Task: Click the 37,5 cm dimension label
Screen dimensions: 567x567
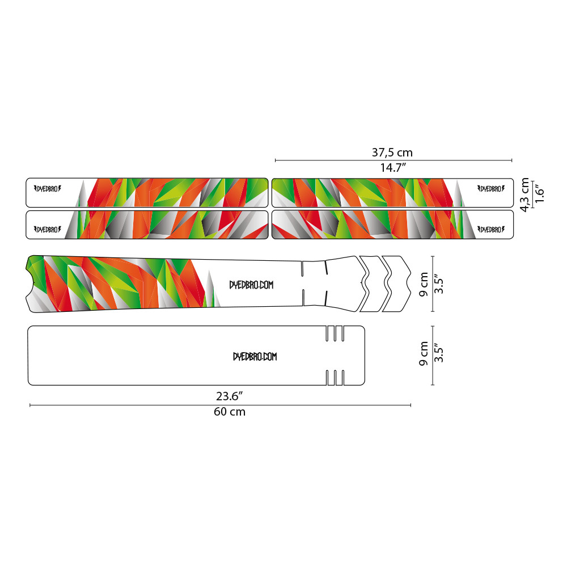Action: [x=392, y=153]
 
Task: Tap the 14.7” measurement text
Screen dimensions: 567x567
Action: [x=393, y=168]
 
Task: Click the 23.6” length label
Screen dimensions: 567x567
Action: [x=229, y=396]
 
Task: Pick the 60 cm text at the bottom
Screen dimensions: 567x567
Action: [x=230, y=412]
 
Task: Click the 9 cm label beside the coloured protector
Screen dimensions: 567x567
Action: [x=424, y=284]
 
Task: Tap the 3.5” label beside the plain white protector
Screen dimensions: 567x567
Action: [x=438, y=353]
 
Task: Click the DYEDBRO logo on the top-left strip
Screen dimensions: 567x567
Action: [x=48, y=189]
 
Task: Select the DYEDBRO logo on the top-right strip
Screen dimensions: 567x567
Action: [x=490, y=189]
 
